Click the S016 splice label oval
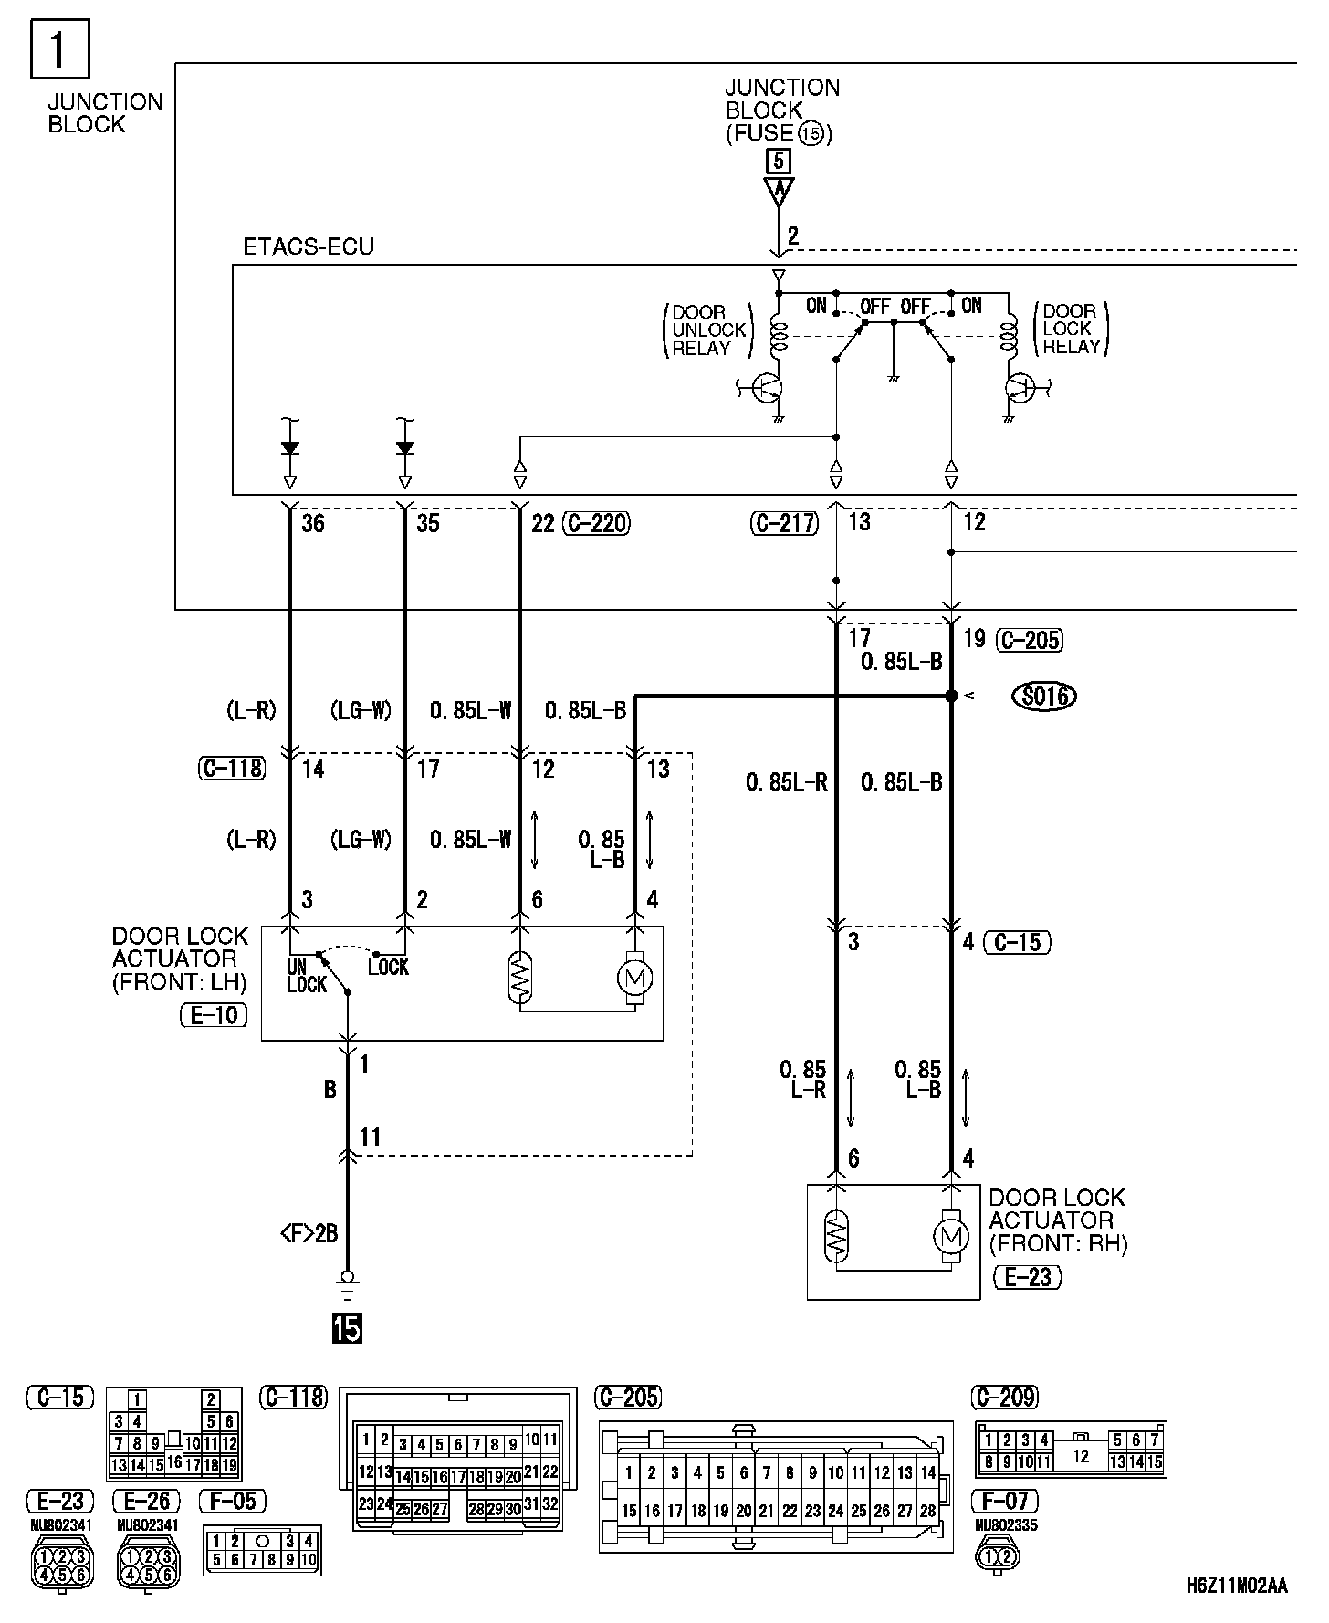[1044, 696]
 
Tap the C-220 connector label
[597, 523]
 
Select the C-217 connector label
[786, 523]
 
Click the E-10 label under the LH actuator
[214, 1015]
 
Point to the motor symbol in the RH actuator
[950, 1237]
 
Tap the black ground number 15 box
[347, 1328]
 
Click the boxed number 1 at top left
[59, 49]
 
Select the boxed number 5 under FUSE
[778, 162]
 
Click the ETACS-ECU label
[309, 247]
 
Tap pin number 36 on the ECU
[313, 523]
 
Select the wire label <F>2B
[309, 1234]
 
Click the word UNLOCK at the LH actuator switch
[305, 976]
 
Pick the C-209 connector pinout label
[1006, 1398]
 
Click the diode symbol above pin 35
[404, 447]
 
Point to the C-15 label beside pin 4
[1017, 941]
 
